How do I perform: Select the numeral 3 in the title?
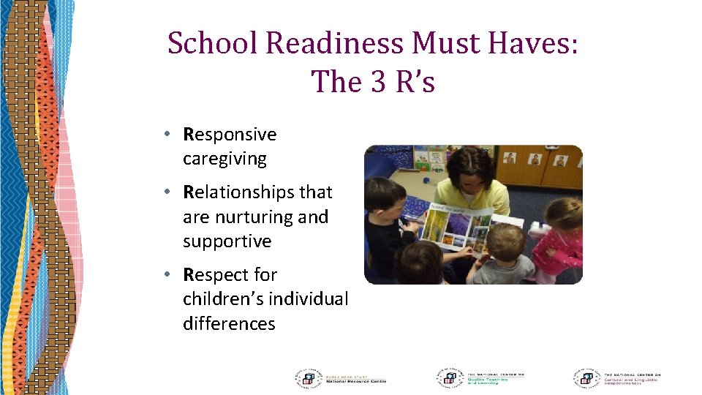point(377,81)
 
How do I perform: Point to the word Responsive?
point(230,135)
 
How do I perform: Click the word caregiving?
point(224,159)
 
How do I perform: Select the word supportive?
point(227,241)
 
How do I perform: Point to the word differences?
point(229,323)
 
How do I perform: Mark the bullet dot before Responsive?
point(168,135)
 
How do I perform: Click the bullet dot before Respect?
point(168,275)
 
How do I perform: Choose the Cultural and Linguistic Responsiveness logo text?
point(630,379)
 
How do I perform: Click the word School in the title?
point(214,43)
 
